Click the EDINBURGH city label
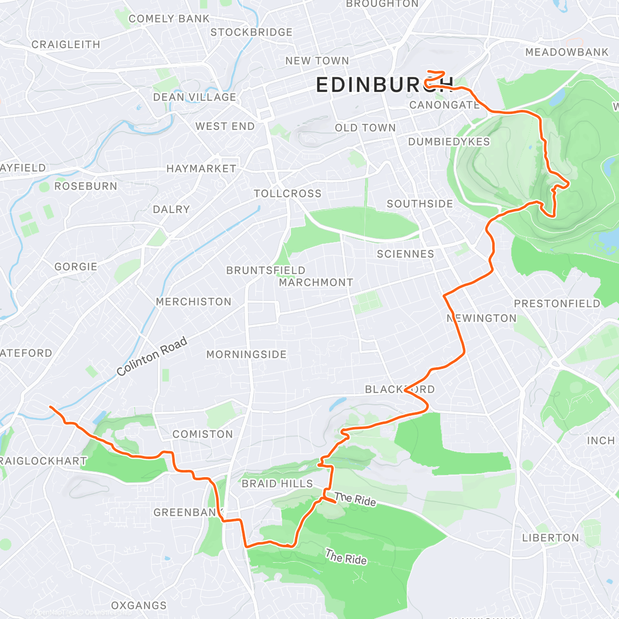click(385, 85)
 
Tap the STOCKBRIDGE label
click(251, 32)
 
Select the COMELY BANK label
click(169, 19)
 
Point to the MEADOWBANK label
click(567, 52)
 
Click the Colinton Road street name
click(152, 357)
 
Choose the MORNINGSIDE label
click(247, 354)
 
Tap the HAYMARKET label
click(201, 169)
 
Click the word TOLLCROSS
click(287, 193)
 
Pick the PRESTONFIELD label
click(557, 303)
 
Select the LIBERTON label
click(550, 537)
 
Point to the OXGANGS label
click(139, 605)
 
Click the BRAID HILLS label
click(278, 483)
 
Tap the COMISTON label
click(203, 434)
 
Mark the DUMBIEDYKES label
click(449, 142)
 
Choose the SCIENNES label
click(405, 254)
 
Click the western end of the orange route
click(50, 407)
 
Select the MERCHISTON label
click(193, 302)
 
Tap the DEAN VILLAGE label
click(194, 97)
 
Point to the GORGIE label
click(76, 267)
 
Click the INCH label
click(600, 441)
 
